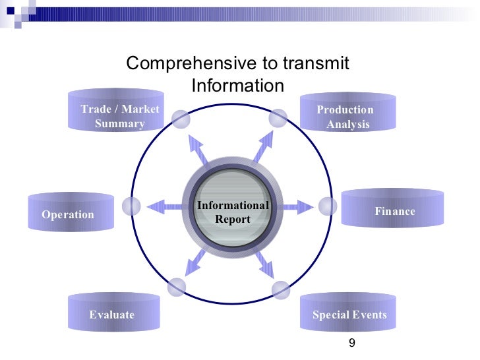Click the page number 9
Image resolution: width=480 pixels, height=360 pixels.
351,342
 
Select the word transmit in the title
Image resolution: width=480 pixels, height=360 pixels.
316,63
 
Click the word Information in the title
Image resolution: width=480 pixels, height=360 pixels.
237,86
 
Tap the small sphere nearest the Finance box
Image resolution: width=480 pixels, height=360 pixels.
328,206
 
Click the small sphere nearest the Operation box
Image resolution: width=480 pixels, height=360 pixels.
132,206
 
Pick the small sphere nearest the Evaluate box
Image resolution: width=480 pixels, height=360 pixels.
177,287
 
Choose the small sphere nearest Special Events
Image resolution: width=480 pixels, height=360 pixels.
281,289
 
